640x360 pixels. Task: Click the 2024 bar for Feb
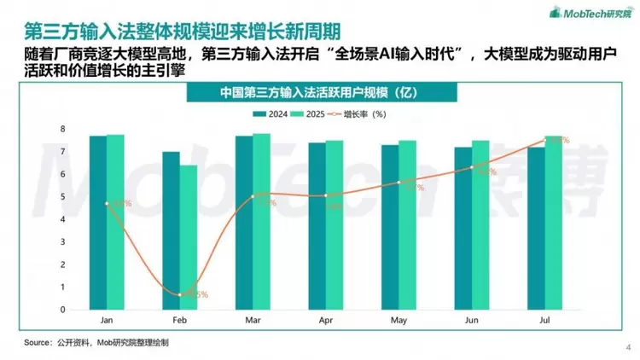click(x=171, y=230)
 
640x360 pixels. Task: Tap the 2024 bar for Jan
click(x=98, y=223)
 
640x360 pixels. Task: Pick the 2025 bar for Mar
click(x=262, y=222)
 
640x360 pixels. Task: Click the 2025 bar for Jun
click(x=481, y=225)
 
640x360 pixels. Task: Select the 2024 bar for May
click(x=390, y=227)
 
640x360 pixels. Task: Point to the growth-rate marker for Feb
click(x=180, y=294)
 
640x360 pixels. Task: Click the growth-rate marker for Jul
click(x=545, y=140)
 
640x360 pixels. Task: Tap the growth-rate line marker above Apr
click(x=326, y=196)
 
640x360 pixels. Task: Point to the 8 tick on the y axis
click(x=62, y=129)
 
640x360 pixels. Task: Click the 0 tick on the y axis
click(x=62, y=310)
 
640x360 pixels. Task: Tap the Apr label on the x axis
click(x=326, y=322)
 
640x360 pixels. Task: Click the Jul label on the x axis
click(x=545, y=322)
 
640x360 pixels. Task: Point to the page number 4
click(x=629, y=346)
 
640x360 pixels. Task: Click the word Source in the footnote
click(x=38, y=342)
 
